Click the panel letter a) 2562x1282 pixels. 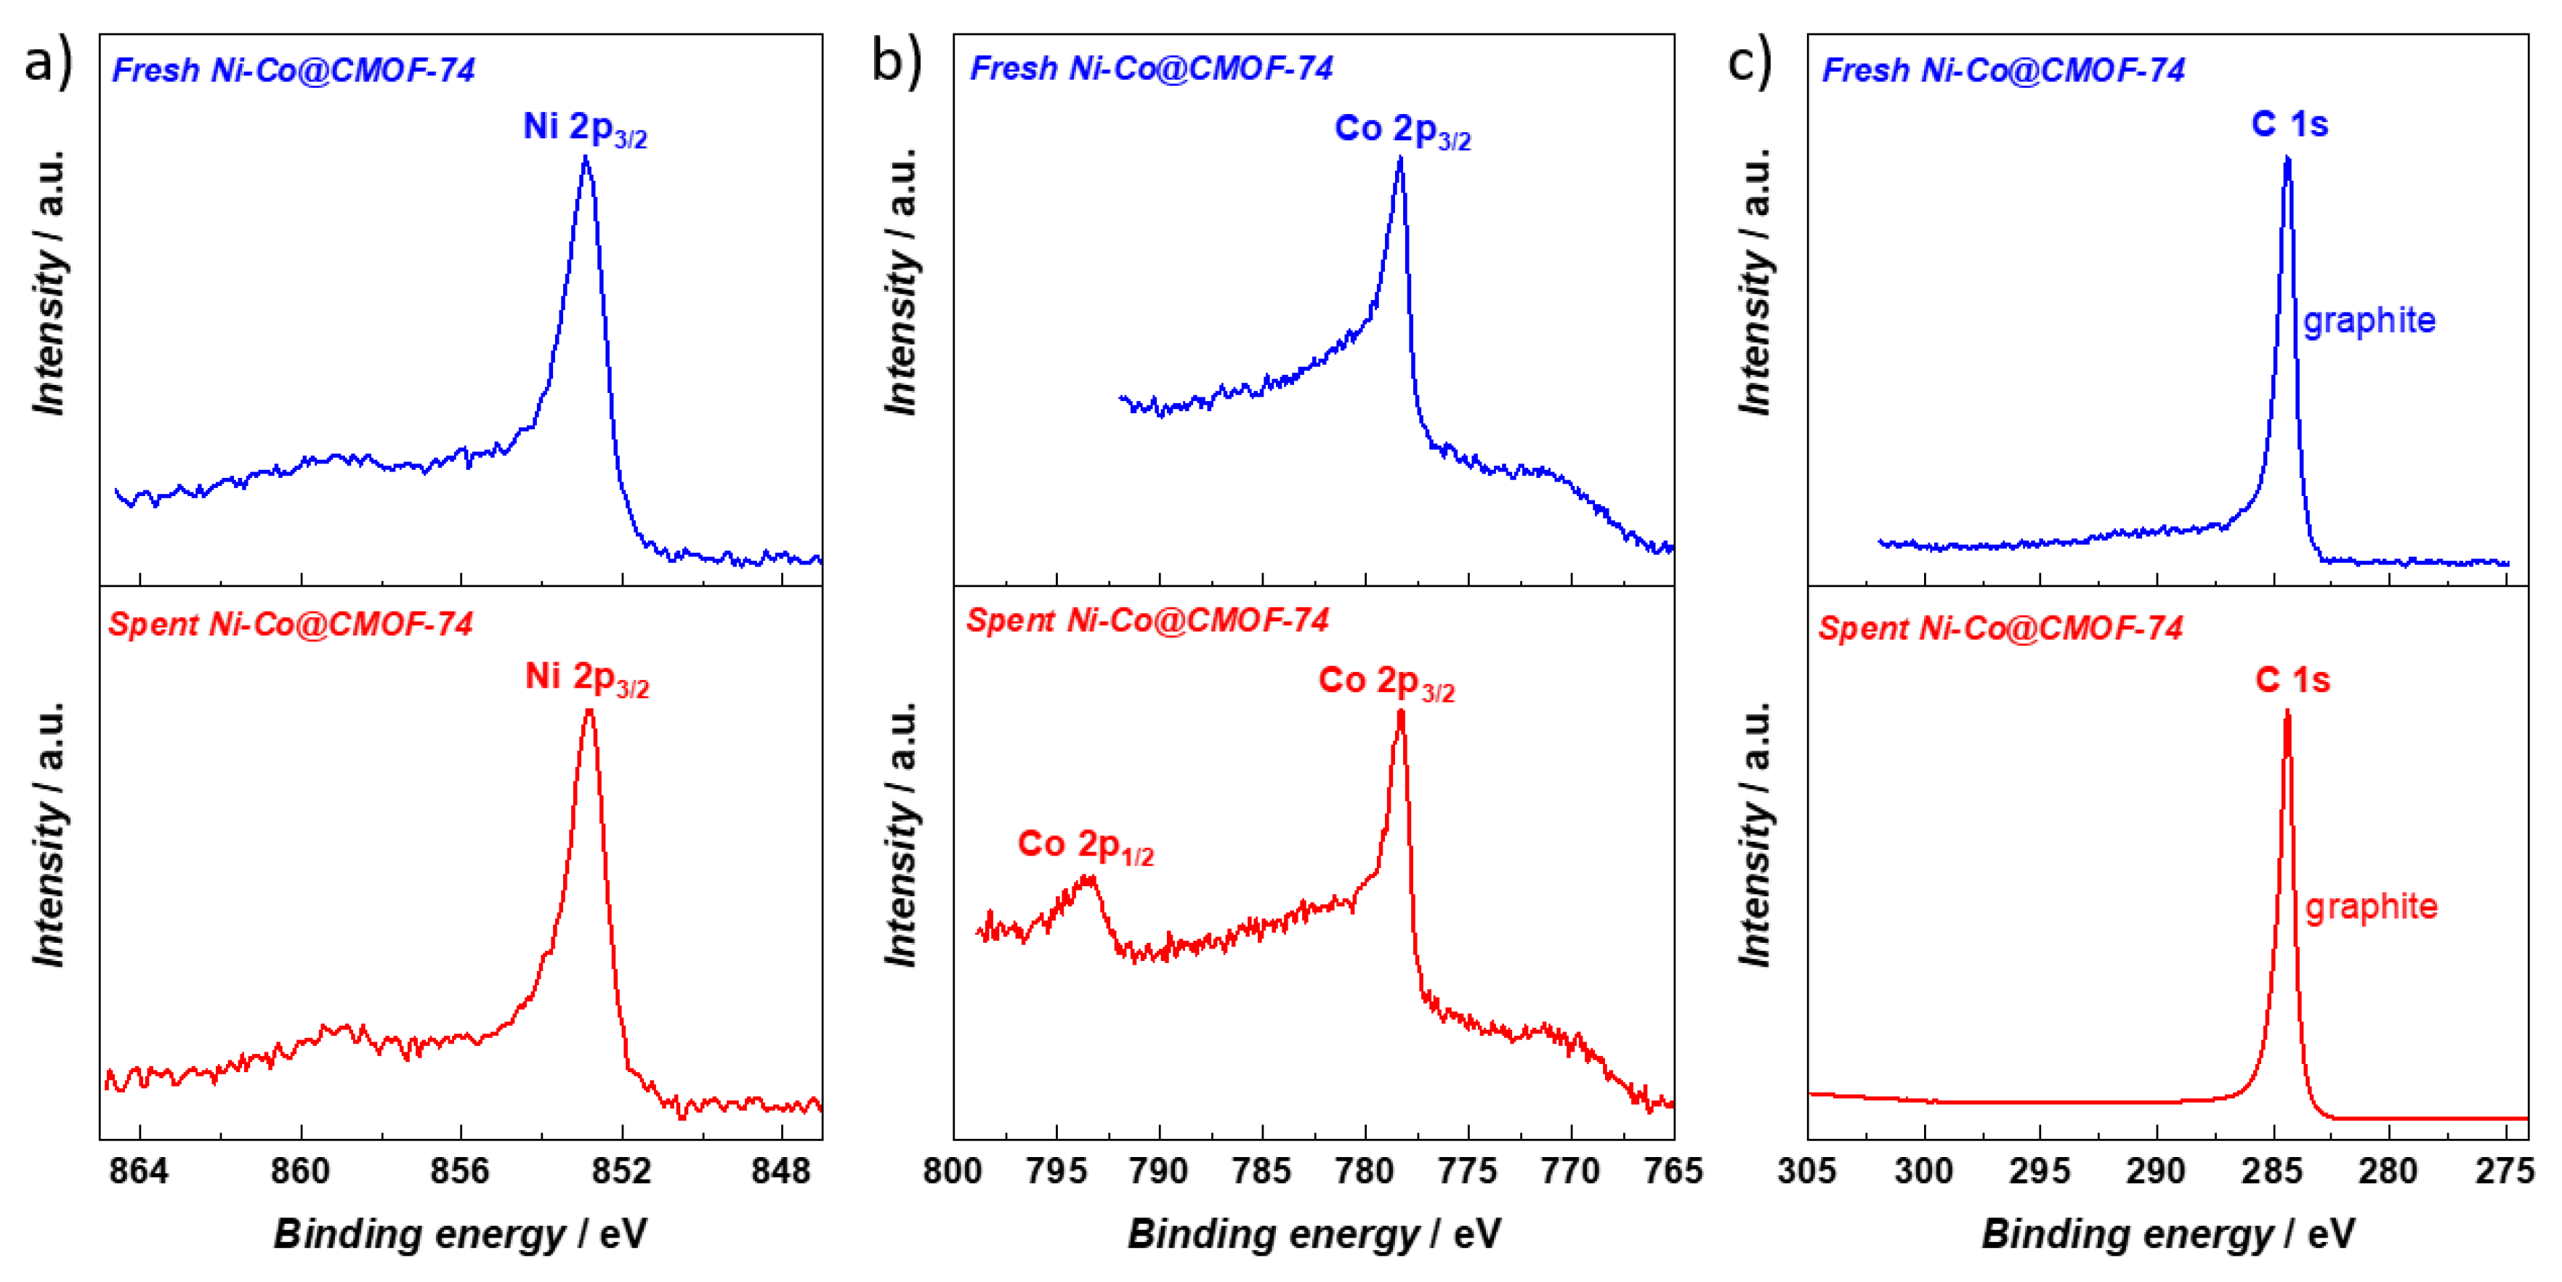47,62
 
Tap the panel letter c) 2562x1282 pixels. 1748,62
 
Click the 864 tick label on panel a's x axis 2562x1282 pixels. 140,1171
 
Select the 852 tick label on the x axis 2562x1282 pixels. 621,1171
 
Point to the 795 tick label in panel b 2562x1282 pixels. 1056,1171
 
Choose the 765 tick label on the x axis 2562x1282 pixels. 1674,1171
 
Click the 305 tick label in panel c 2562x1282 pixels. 1807,1171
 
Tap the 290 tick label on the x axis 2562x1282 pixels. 2157,1171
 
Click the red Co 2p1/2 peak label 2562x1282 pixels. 1085,845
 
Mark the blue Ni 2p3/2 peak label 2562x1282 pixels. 585,129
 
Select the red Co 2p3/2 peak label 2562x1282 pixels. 1386,682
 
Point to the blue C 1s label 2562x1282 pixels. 2290,124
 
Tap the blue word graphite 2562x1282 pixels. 2369,320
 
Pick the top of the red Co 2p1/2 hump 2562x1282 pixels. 1086,878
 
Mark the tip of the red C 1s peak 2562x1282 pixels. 2287,712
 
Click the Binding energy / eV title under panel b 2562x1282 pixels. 1313,1234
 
